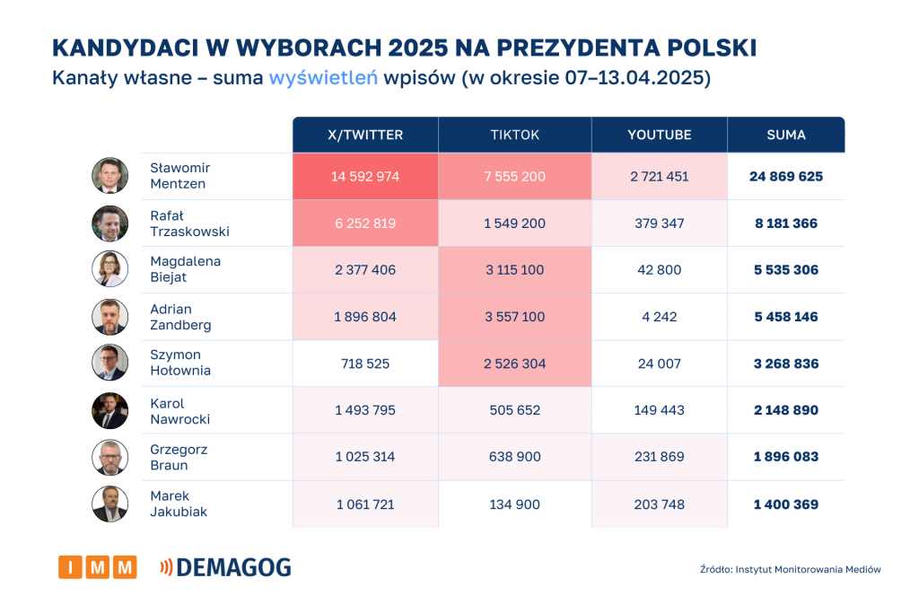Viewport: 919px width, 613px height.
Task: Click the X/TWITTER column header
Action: [x=365, y=135]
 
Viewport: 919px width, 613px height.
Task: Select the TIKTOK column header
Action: [x=515, y=135]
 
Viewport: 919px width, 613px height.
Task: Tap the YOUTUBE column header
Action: [x=660, y=135]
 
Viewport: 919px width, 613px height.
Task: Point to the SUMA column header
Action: [x=786, y=135]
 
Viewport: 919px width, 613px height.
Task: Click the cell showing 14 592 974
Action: [x=365, y=177]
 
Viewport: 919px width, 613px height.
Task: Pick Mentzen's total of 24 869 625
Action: [x=786, y=177]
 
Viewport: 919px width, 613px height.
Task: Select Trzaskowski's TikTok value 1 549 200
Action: [x=515, y=223]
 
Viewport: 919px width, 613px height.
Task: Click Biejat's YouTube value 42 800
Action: [x=660, y=270]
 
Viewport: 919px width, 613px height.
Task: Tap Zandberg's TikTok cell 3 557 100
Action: [x=515, y=317]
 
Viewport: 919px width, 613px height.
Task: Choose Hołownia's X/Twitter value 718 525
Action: [x=365, y=363]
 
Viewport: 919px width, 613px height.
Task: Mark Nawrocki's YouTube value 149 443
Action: [x=660, y=410]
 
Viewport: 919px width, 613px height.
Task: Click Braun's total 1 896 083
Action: [x=786, y=457]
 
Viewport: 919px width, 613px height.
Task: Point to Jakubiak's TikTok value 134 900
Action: [x=515, y=504]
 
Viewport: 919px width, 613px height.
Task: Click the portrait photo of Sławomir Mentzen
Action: [x=109, y=176]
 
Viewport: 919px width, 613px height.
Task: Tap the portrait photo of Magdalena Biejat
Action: [x=109, y=269]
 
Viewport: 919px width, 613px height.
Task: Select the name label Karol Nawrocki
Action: [x=179, y=410]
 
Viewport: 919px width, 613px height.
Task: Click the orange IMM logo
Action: [x=97, y=567]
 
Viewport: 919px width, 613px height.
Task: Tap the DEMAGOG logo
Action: [x=225, y=567]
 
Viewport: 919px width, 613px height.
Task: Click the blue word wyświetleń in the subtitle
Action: [x=322, y=78]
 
